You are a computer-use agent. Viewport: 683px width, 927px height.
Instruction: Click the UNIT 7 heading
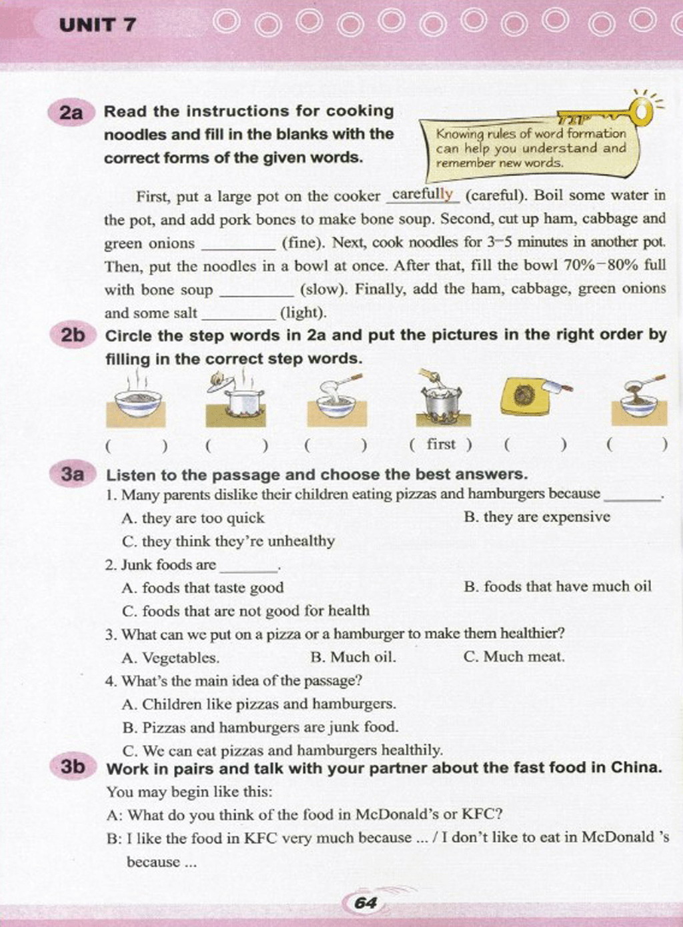97,25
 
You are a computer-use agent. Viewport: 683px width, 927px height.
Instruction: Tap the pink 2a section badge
71,113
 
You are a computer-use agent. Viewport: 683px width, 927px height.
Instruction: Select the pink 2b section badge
73,335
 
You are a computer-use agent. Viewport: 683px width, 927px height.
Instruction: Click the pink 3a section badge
73,474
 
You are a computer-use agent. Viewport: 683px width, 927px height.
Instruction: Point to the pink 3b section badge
73,767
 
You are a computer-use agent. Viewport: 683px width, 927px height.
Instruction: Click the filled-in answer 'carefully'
422,194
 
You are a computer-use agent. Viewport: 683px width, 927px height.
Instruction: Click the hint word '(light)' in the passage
303,312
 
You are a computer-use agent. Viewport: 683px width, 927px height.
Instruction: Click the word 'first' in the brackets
441,444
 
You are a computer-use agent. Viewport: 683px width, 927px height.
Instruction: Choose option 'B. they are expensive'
536,517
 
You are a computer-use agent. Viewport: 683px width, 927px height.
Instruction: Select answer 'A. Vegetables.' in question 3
171,658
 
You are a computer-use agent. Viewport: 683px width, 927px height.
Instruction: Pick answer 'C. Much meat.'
514,657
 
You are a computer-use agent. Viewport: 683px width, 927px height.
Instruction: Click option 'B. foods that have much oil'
557,587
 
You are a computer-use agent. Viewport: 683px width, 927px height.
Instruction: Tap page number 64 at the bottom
366,903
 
